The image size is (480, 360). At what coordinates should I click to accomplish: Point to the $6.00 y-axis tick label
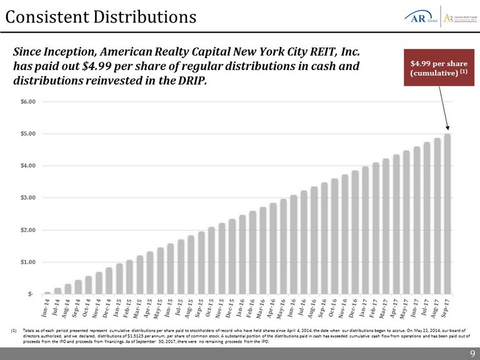(x=29, y=101)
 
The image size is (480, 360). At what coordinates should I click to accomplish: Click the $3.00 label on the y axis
(x=29, y=198)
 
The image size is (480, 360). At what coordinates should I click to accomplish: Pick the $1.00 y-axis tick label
(x=29, y=262)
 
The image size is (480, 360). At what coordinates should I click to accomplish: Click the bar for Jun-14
(x=47, y=292)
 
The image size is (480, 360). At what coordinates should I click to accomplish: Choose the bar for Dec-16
(x=355, y=232)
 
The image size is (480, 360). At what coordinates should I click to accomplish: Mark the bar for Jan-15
(x=119, y=279)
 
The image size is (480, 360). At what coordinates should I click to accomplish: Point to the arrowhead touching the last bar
(x=447, y=131)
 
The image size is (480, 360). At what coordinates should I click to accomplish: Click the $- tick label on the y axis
(x=32, y=294)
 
